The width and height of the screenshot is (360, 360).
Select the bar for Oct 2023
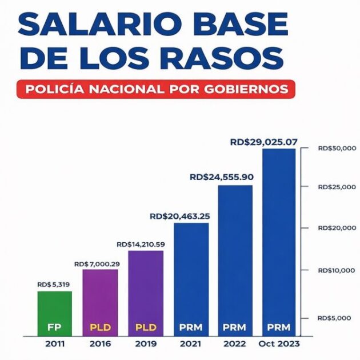pos(279,240)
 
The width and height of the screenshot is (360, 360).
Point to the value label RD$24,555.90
pos(222,177)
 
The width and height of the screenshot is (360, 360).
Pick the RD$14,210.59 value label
pos(141,244)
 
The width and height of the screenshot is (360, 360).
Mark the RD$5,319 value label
pos(54,285)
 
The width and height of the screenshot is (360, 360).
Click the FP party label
pos(55,327)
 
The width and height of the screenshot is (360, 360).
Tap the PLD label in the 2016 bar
pos(100,327)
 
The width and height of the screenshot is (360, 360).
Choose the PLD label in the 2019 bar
pos(145,327)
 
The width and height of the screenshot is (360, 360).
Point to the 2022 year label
pos(234,344)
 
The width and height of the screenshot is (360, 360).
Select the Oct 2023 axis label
pos(279,344)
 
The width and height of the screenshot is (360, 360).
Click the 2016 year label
pos(101,344)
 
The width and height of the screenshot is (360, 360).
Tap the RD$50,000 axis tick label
pos(337,149)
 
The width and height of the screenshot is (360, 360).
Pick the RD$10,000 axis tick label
pos(337,270)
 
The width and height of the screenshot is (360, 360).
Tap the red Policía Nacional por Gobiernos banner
pos(156,89)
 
